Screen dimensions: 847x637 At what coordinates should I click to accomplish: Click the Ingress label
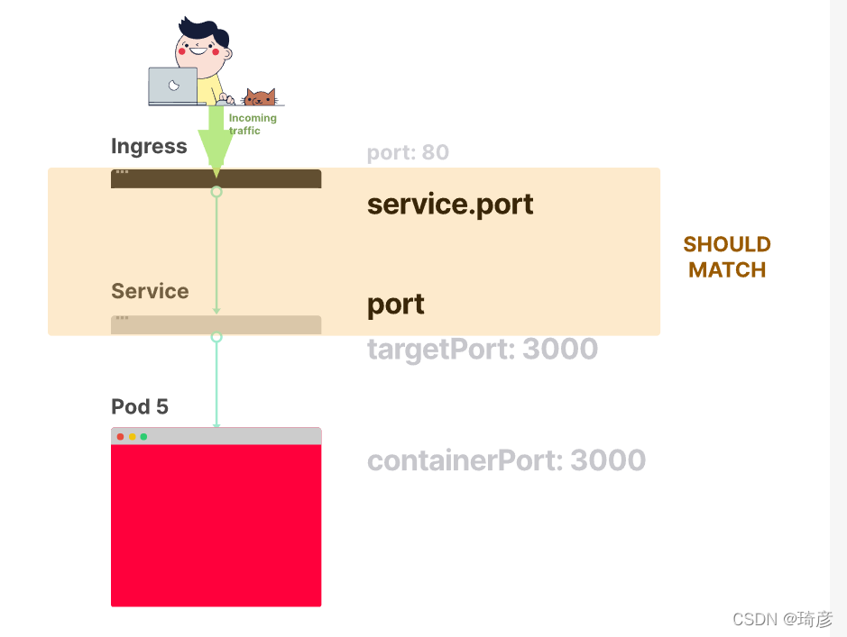pyautogui.click(x=149, y=147)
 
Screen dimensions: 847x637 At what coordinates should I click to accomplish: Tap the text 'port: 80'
pyautogui.click(x=408, y=152)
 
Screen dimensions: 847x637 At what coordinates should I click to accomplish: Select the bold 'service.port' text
pyautogui.click(x=450, y=205)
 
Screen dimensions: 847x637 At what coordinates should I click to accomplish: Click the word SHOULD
pyautogui.click(x=727, y=244)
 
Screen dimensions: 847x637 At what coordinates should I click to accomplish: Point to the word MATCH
pyautogui.click(x=727, y=269)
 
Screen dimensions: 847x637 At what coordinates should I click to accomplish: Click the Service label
pyautogui.click(x=150, y=291)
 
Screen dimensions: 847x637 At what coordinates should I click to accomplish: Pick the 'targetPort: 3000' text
pyautogui.click(x=483, y=350)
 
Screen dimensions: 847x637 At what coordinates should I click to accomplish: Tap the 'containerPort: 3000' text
pyautogui.click(x=506, y=460)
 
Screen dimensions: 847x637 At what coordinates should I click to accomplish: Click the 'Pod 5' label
pyautogui.click(x=140, y=406)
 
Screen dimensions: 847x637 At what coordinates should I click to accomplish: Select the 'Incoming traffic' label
pyautogui.click(x=253, y=124)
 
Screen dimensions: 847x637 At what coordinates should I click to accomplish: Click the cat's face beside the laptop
pyautogui.click(x=261, y=97)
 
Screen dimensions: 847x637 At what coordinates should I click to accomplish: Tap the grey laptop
pyautogui.click(x=173, y=86)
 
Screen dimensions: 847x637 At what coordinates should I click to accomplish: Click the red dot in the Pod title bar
pyautogui.click(x=121, y=437)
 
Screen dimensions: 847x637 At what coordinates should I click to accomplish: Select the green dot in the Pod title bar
pyautogui.click(x=143, y=437)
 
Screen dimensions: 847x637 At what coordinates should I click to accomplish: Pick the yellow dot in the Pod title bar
pyautogui.click(x=133, y=437)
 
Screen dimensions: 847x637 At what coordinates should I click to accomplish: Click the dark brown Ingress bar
pyautogui.click(x=216, y=179)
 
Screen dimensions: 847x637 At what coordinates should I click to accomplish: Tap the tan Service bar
pyautogui.click(x=216, y=325)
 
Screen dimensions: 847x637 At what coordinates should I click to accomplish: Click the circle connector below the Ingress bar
pyautogui.click(x=216, y=192)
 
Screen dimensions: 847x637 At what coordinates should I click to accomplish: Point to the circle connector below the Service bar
pyautogui.click(x=216, y=337)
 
